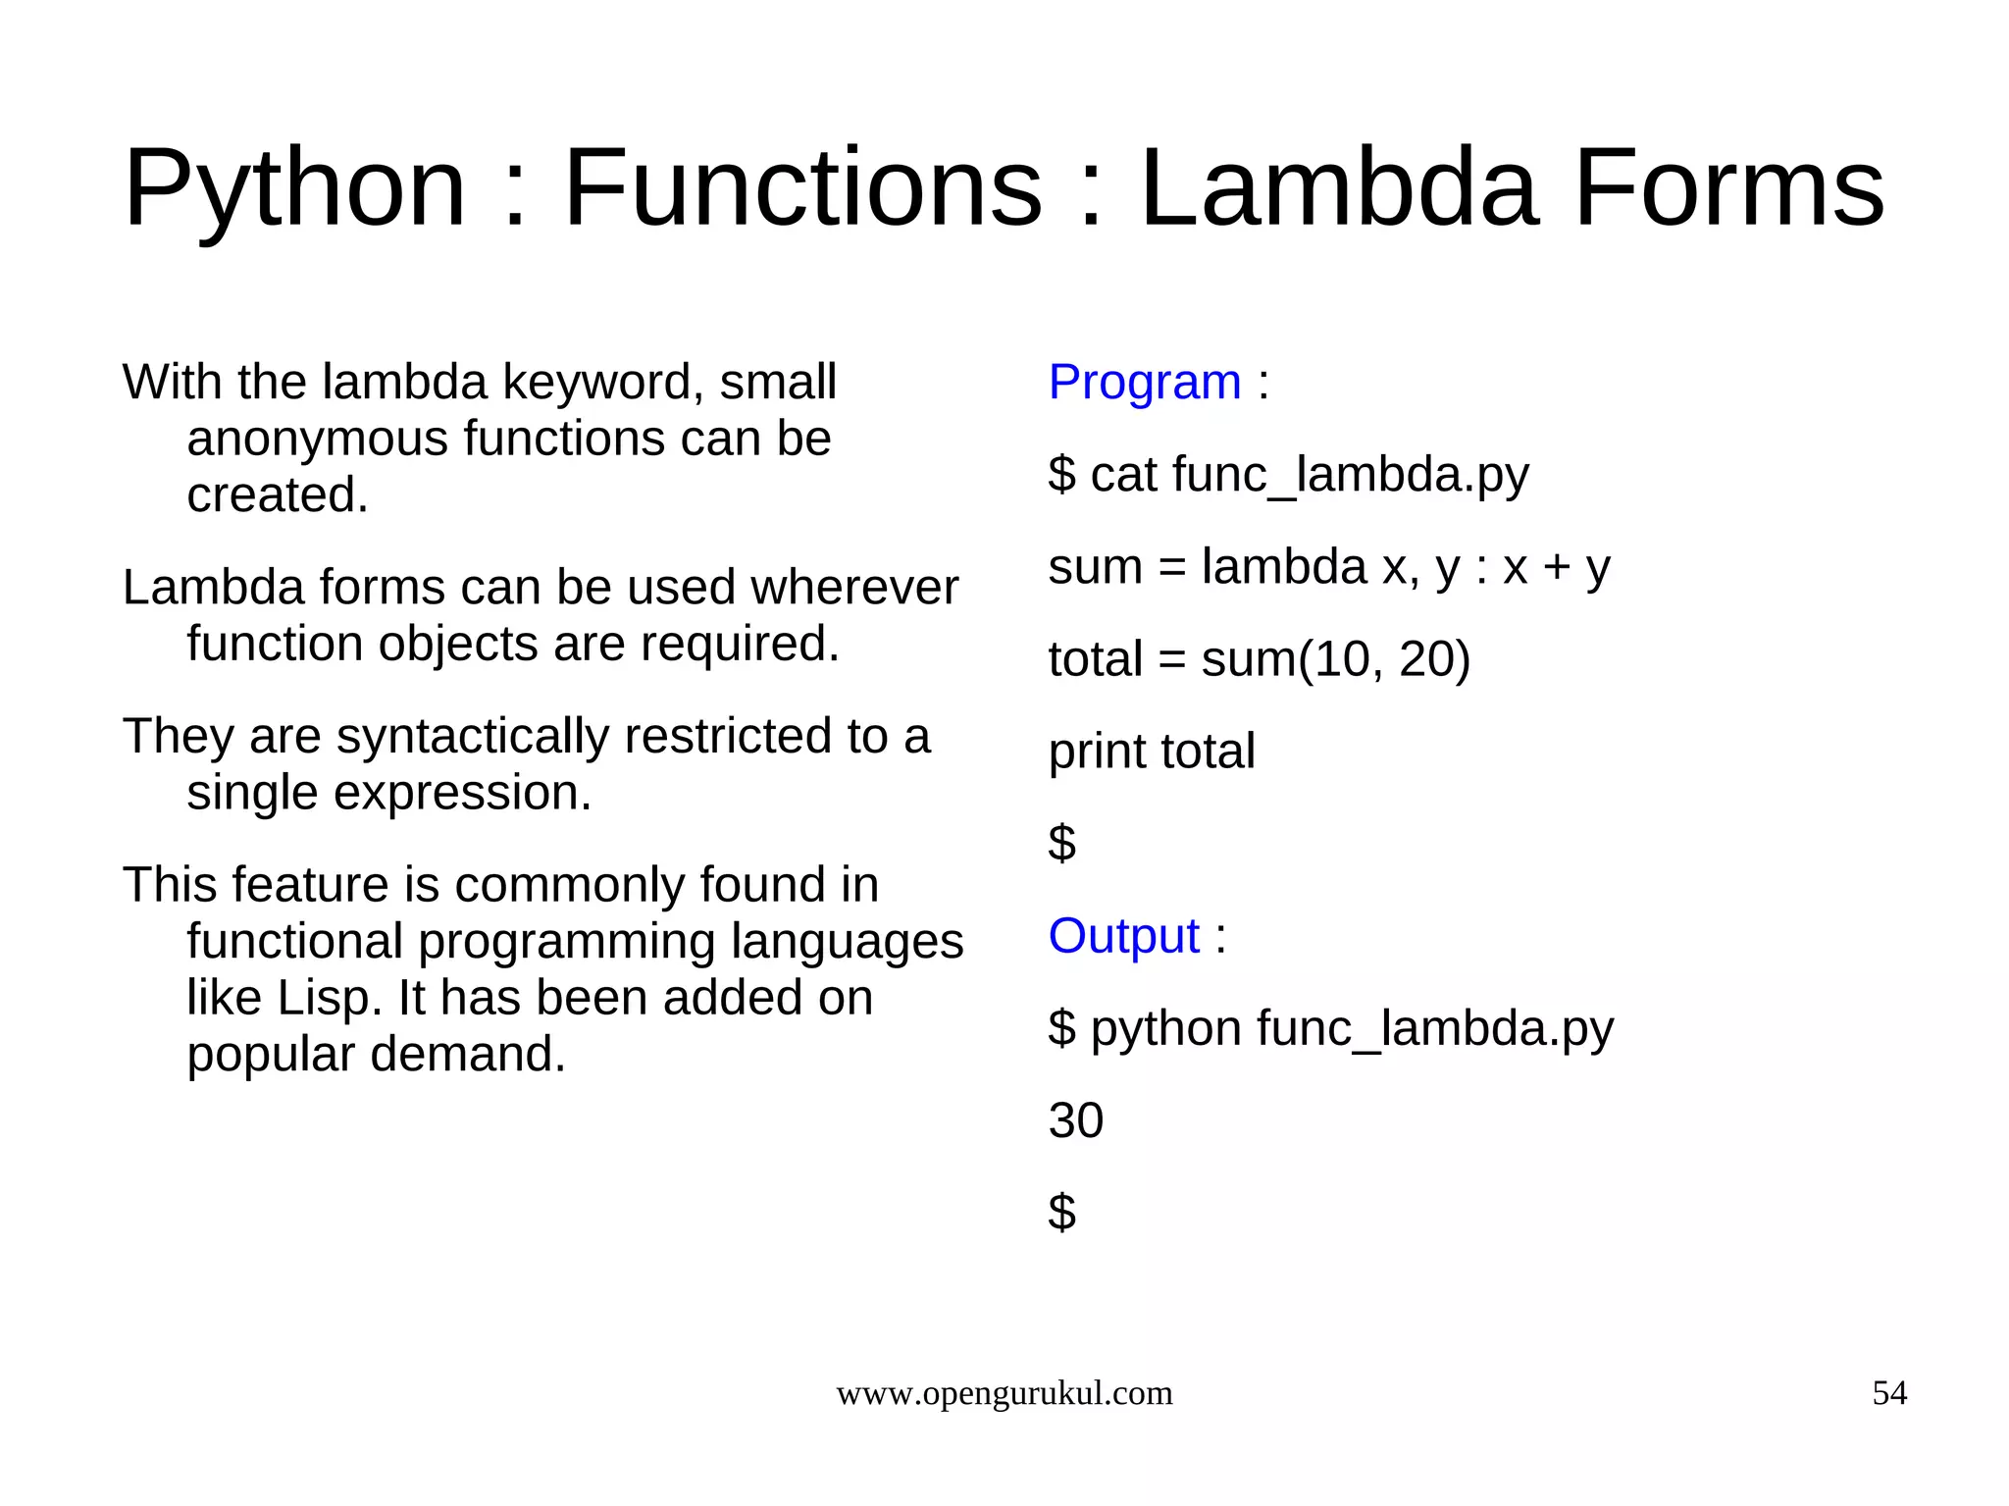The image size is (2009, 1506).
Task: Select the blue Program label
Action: coord(1144,382)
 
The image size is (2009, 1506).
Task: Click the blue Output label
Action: coord(1123,935)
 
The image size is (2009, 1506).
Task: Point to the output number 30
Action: coord(1075,1120)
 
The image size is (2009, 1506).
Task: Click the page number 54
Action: coord(1889,1393)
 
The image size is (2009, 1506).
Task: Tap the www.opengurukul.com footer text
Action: coord(1004,1393)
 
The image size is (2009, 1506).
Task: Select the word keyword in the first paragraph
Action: coord(602,382)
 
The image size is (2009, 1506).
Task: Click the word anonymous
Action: coord(317,438)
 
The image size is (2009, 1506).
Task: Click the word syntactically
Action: coord(472,736)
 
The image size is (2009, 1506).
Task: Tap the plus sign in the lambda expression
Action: coord(1556,567)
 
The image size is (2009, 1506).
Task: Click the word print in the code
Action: coord(1097,752)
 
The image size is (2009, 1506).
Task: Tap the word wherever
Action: coord(853,588)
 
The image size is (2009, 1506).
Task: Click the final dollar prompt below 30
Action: coord(1061,1212)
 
